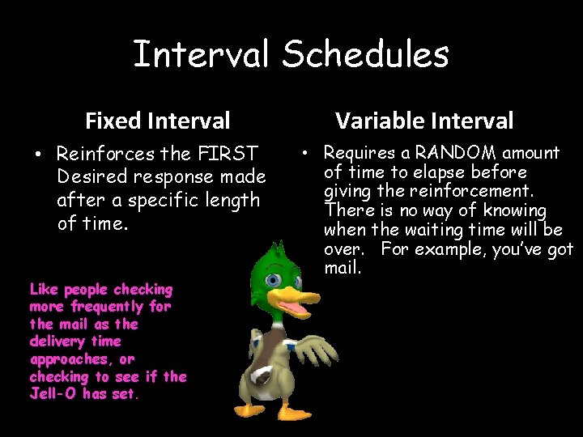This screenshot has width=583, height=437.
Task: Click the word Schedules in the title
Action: click(365, 53)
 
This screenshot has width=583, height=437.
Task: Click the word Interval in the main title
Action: click(201, 53)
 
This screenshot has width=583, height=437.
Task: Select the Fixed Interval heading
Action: click(158, 121)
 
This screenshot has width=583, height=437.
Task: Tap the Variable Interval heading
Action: click(424, 121)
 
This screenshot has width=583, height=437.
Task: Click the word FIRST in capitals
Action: click(228, 153)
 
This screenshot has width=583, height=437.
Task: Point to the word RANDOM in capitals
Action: click(455, 152)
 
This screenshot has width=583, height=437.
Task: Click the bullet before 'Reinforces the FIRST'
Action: click(38, 154)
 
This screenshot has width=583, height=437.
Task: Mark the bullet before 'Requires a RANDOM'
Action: click(305, 153)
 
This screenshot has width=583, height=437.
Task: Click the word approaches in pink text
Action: click(69, 359)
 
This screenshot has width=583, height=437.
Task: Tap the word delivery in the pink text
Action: click(57, 342)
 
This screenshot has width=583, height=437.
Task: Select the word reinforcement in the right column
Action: click(472, 191)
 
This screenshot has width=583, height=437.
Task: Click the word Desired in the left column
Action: click(92, 176)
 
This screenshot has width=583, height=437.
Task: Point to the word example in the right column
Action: click(451, 249)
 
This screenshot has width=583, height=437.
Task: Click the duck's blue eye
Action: click(274, 279)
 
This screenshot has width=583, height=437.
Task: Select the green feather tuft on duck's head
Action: click(277, 250)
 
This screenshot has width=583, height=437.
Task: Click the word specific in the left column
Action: click(163, 201)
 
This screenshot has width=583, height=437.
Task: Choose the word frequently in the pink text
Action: click(107, 307)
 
